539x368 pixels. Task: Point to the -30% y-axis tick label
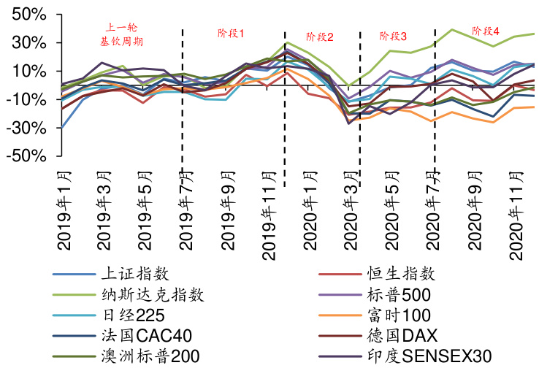pos(27,128)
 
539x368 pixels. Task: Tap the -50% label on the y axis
pos(27,156)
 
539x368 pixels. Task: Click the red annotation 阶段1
pos(231,34)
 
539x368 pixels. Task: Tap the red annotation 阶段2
pos(320,37)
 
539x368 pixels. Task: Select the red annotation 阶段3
pos(394,36)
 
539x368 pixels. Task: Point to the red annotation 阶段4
pos(486,31)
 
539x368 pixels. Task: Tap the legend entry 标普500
pos(399,295)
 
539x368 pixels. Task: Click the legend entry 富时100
pos(398,315)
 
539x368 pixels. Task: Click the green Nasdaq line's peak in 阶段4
pos(453,29)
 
